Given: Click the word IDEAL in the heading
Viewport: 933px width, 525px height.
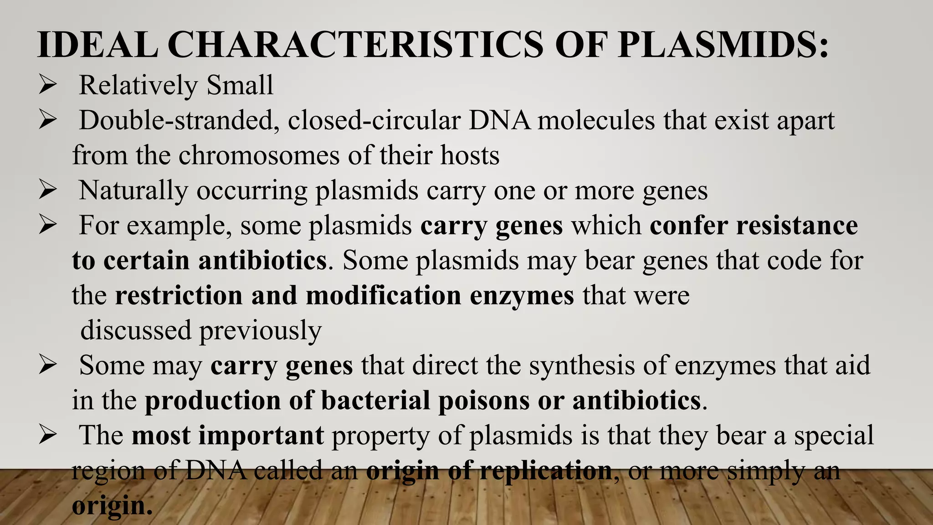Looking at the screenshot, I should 97,45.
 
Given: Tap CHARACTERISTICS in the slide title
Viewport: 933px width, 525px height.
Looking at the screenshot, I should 355,45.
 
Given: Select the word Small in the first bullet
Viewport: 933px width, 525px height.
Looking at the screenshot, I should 240,85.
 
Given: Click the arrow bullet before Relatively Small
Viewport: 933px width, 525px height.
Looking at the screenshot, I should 47,85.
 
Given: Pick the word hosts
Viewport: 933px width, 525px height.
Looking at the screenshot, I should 470,155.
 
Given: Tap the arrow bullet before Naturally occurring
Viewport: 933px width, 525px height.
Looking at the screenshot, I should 47,190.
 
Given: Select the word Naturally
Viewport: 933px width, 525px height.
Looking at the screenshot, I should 133,190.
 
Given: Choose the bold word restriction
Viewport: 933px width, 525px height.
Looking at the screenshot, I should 179,295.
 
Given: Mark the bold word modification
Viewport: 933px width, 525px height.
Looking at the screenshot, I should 384,295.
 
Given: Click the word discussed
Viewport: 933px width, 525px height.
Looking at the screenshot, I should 136,330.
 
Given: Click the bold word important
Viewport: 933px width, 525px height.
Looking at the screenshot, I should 261,436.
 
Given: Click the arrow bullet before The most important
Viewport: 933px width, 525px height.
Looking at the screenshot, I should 47,435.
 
